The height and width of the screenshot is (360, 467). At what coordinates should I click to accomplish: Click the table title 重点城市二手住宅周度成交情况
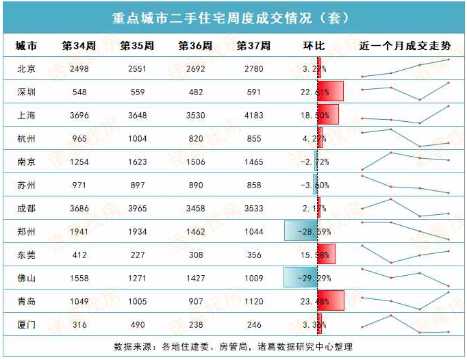233,16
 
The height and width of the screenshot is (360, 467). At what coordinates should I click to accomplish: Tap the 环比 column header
314,47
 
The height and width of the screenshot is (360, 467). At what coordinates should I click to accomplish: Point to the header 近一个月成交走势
405,47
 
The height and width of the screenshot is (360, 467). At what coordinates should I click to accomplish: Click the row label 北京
27,69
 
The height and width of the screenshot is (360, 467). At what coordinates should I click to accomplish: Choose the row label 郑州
27,232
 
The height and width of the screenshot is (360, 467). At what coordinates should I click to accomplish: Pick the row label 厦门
27,324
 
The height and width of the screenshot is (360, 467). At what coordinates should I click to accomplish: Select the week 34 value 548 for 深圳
79,92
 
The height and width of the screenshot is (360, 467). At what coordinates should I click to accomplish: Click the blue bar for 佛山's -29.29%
300,278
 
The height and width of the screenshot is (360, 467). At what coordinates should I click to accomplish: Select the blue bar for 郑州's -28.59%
301,232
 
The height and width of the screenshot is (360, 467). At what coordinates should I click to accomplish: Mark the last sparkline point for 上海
448,106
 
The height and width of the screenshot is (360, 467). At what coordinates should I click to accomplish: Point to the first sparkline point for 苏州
362,176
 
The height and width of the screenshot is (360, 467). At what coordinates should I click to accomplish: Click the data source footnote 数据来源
233,346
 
